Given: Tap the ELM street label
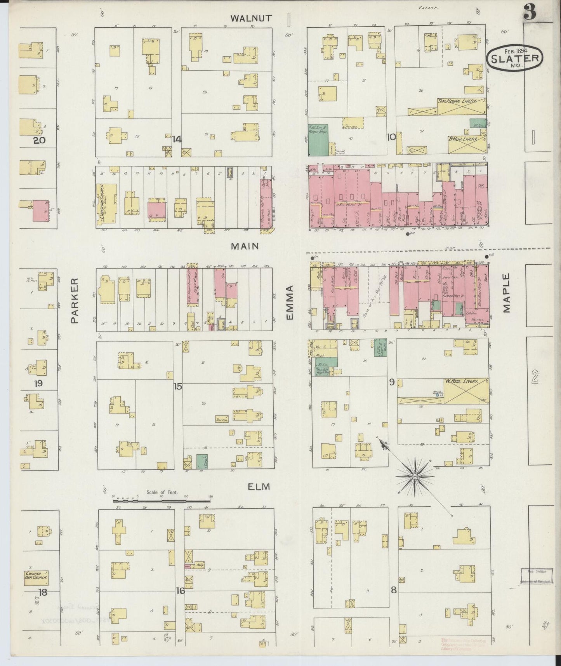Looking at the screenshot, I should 259,486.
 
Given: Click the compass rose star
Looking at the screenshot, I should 415,476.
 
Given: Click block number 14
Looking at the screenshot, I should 177,139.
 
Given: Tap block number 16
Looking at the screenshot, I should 180,591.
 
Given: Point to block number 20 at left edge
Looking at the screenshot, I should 39,140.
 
